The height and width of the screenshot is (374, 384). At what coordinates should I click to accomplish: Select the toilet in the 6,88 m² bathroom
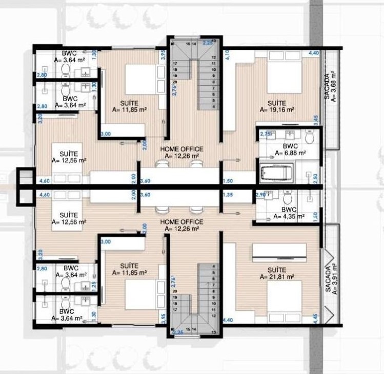click(309, 138)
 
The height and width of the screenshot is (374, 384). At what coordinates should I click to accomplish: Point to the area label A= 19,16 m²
click(277, 109)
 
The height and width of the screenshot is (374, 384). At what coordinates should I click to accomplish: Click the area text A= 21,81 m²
click(277, 276)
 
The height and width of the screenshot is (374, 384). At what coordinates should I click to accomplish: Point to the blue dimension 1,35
click(228, 195)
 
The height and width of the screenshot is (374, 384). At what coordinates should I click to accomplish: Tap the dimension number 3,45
click(316, 120)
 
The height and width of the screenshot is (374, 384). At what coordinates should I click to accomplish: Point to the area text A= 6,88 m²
click(290, 153)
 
